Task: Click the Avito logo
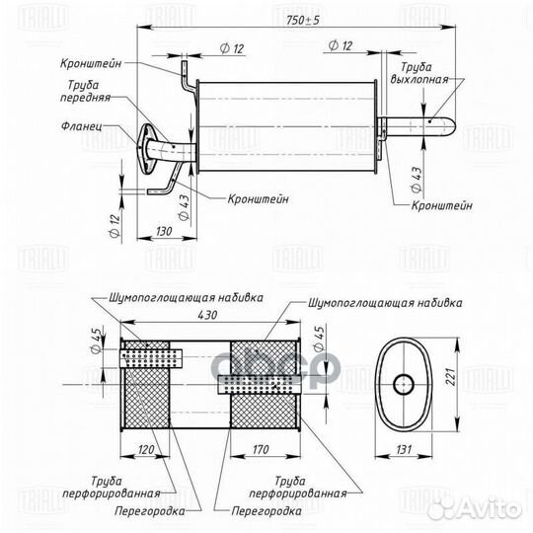[489, 508]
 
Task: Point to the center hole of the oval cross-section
[402, 382]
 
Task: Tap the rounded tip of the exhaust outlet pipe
[449, 125]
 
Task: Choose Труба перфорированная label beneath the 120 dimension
[112, 487]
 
